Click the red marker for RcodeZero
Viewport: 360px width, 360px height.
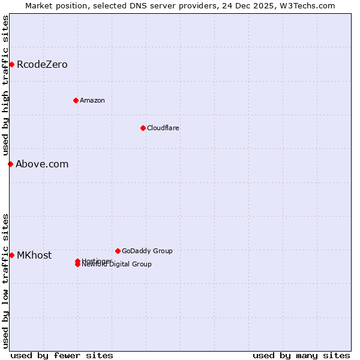11,64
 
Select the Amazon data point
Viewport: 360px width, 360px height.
76,100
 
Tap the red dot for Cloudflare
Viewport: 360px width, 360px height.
143,128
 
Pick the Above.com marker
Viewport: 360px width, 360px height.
10,164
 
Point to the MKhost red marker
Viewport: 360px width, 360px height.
11,255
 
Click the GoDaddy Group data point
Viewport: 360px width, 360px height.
118,251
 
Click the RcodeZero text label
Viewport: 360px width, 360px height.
42,64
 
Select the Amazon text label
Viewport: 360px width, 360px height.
92,100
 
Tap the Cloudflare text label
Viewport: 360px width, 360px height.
163,128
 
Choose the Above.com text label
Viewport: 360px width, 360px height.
42,164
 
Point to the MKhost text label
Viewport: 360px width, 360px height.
34,255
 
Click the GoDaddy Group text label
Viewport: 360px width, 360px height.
147,251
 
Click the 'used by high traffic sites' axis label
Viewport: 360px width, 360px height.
5,85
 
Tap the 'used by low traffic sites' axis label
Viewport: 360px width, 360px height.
5,280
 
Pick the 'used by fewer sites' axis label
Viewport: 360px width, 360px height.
62,355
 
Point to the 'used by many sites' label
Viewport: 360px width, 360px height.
301,355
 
